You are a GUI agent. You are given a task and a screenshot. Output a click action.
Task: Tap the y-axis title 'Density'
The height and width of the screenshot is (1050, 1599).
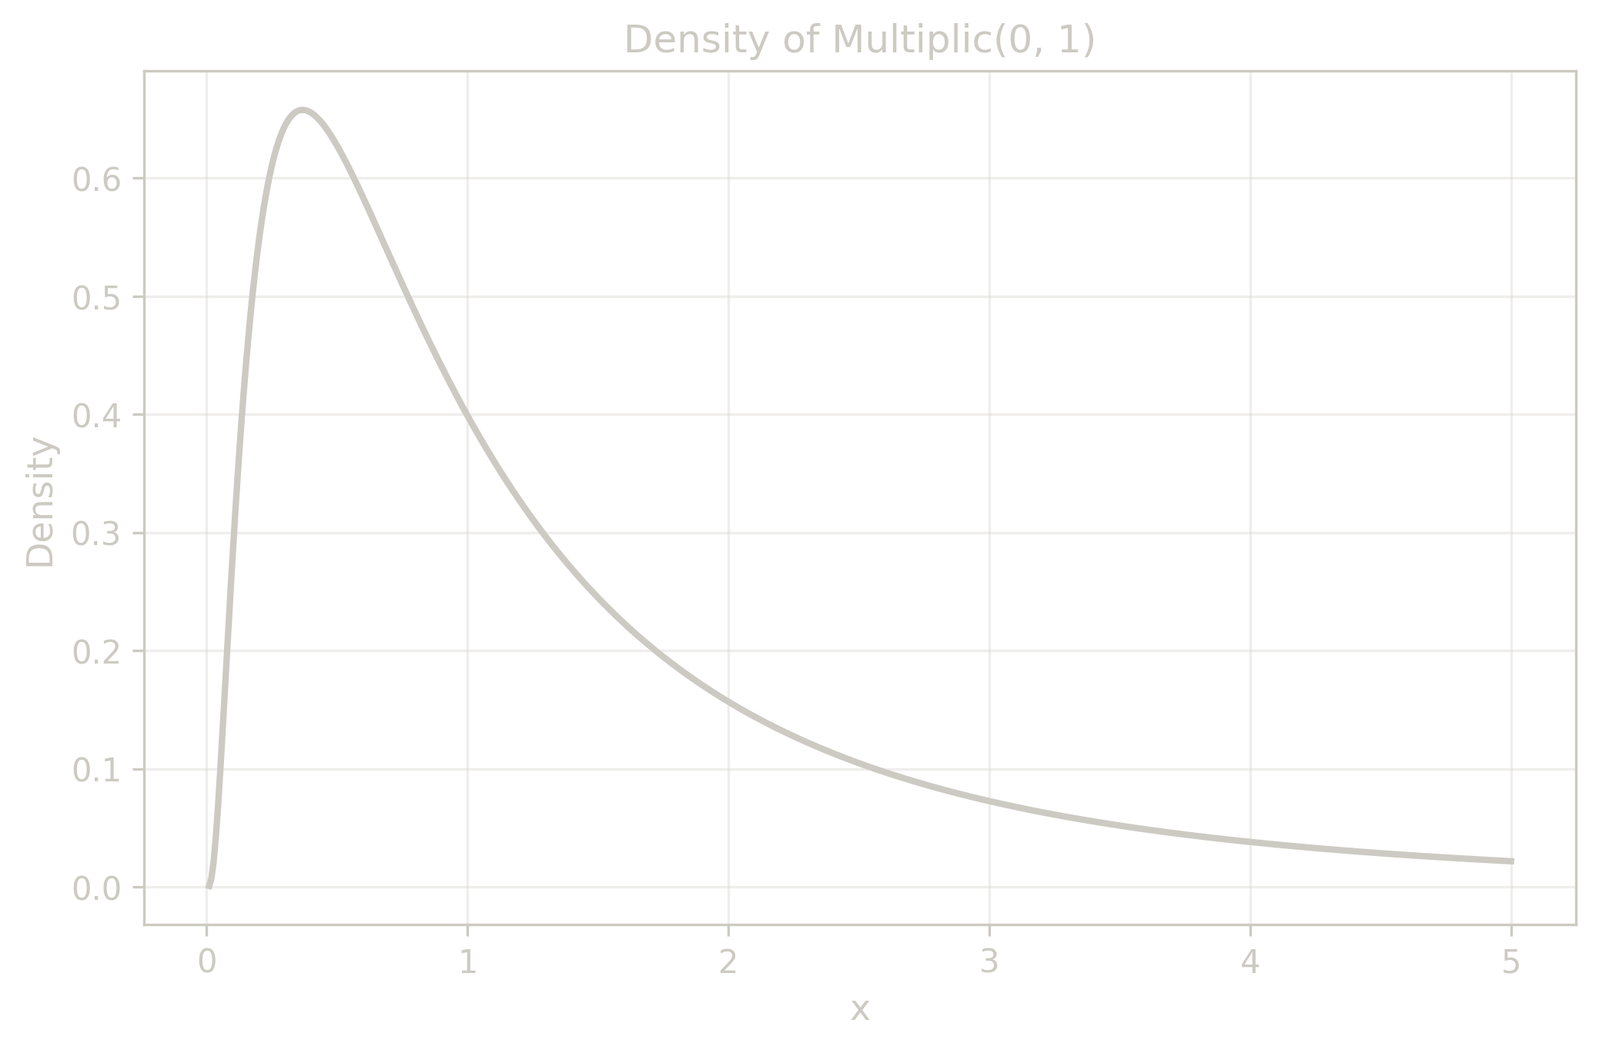point(40,502)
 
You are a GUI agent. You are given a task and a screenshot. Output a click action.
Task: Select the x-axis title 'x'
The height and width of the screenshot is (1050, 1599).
point(860,1009)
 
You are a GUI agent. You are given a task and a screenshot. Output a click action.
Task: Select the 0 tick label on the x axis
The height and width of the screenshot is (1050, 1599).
point(206,962)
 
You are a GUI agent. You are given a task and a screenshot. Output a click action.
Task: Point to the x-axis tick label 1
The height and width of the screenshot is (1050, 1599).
point(467,962)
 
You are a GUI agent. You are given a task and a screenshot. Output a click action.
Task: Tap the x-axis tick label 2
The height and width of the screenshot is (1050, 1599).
point(728,962)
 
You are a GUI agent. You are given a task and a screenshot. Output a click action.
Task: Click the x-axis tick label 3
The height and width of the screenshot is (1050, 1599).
point(989,962)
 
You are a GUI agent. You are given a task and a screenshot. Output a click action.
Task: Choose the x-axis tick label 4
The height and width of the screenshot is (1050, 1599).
point(1250,962)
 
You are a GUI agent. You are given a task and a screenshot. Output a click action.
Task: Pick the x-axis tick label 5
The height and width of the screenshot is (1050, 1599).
point(1511,962)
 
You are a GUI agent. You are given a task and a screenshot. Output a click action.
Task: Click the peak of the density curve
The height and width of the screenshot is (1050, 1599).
point(303,110)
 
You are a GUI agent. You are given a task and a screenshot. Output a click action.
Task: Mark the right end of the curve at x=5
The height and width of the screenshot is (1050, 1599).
point(1511,861)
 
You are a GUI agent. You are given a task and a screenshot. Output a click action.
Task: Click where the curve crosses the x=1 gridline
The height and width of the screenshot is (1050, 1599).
point(467,417)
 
